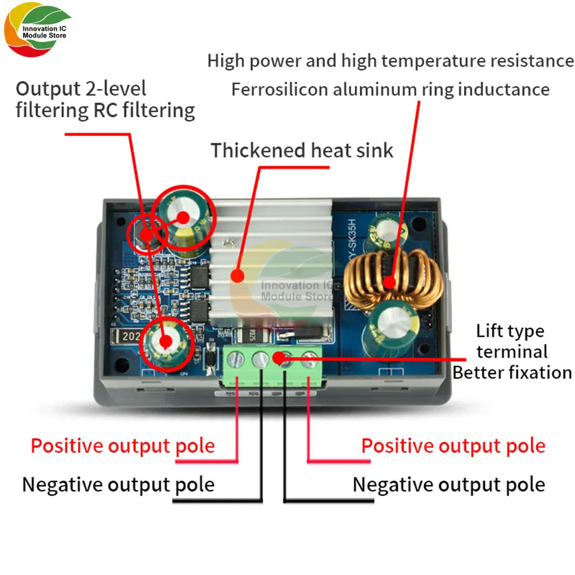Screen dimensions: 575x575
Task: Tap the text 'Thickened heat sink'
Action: tap(302, 151)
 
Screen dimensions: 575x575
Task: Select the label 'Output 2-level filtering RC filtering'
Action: tap(105, 99)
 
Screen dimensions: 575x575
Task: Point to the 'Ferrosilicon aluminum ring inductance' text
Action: tap(390, 90)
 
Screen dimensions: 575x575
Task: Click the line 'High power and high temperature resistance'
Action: tap(390, 60)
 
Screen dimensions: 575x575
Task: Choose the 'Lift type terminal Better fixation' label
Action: tap(512, 351)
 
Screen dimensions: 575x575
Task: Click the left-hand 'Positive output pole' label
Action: tap(122, 446)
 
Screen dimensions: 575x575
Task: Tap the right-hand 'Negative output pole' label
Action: tap(448, 485)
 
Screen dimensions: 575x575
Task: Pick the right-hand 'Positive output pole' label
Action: tap(453, 446)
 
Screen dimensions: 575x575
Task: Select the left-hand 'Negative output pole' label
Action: tap(118, 485)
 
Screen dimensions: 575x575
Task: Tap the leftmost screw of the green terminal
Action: tap(236, 360)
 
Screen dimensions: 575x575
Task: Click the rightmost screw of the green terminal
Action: tap(309, 360)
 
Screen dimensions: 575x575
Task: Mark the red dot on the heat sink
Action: tap(236, 276)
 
